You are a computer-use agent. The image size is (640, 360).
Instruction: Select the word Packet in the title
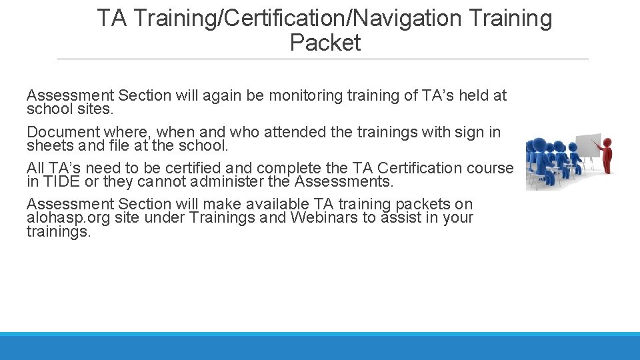coord(325,43)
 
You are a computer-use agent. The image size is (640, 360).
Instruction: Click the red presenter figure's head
coord(607,142)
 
